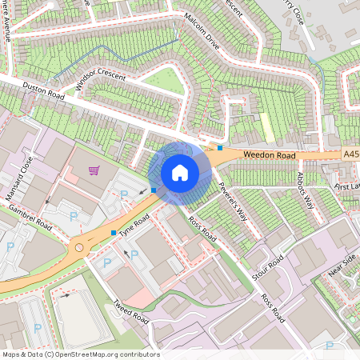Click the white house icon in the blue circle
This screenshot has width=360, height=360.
click(x=180, y=173)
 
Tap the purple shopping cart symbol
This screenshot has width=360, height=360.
click(x=94, y=170)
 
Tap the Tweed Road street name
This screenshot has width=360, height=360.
click(x=131, y=313)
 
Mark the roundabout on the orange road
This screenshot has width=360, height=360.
click(x=79, y=248)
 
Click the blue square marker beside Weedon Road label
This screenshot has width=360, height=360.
click(x=220, y=148)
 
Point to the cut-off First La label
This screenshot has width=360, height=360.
click(x=347, y=185)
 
